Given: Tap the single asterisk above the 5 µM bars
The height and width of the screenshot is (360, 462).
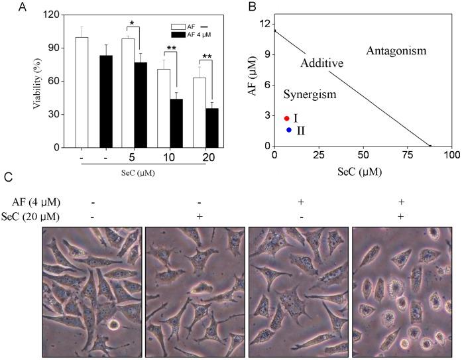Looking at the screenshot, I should click(133, 23).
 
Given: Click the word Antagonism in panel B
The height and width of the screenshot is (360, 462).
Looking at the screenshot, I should click(396, 50).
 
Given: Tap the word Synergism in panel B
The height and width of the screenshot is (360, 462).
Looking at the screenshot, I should click(310, 95).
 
